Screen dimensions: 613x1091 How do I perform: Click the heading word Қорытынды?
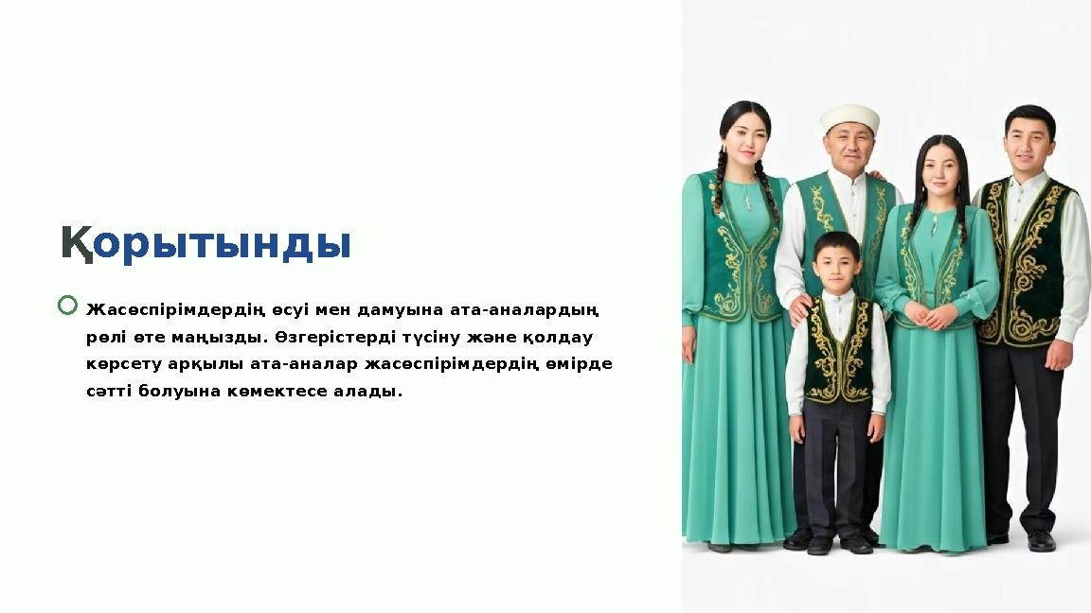click(x=206, y=244)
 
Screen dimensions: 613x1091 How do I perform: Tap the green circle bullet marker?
click(x=67, y=305)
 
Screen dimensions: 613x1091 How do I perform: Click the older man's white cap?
click(x=850, y=118)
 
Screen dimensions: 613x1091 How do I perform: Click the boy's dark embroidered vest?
click(x=837, y=349)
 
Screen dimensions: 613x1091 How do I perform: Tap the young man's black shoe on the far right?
click(x=1041, y=541)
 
